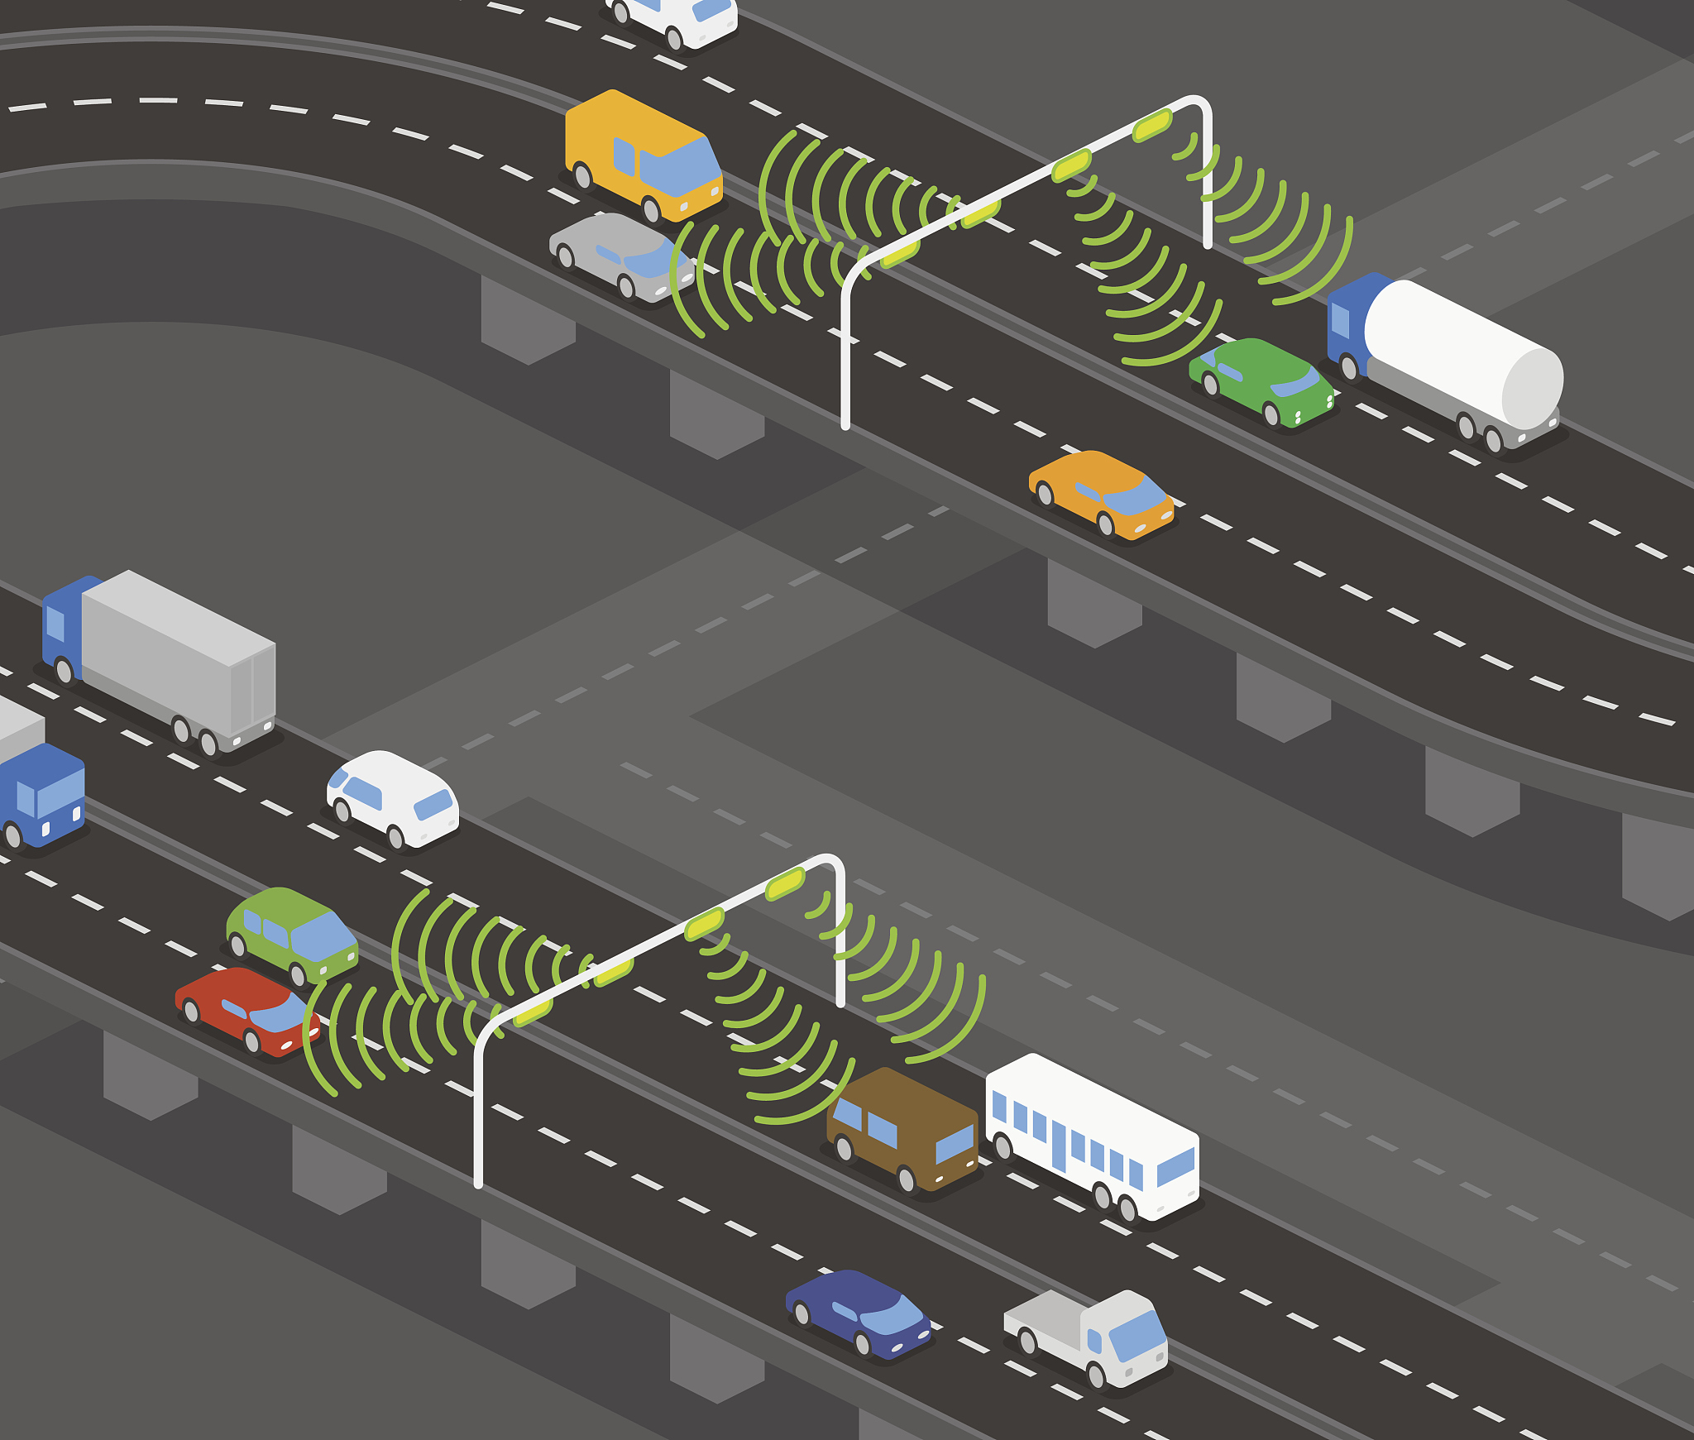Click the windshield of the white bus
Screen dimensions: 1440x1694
pos(1175,1166)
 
